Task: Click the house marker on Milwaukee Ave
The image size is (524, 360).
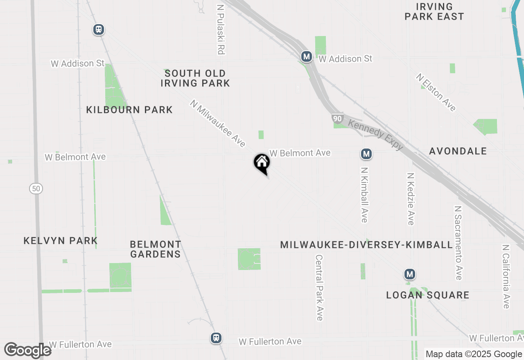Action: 262,163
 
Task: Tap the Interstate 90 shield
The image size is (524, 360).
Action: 337,119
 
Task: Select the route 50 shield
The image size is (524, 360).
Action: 36,189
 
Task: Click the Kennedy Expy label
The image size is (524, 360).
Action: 375,135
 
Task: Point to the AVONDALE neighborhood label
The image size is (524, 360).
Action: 458,151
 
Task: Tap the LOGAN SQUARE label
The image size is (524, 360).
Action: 427,295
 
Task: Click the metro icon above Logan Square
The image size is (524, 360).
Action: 409,274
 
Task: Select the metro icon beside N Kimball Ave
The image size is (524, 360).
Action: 366,154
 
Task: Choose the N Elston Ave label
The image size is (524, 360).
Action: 436,92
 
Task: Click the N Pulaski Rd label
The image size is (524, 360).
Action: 221,30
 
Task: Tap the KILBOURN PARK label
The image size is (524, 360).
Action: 129,110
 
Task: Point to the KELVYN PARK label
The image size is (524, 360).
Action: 61,241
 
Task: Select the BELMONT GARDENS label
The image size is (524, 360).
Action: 155,249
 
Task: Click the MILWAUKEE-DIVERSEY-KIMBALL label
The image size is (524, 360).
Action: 366,245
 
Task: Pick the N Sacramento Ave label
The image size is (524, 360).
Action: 458,243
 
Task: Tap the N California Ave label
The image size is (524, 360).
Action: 506,277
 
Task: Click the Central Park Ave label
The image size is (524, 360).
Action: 319,288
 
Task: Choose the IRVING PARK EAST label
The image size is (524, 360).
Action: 434,11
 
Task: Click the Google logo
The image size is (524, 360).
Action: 28,350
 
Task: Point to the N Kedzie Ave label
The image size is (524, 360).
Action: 411,198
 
